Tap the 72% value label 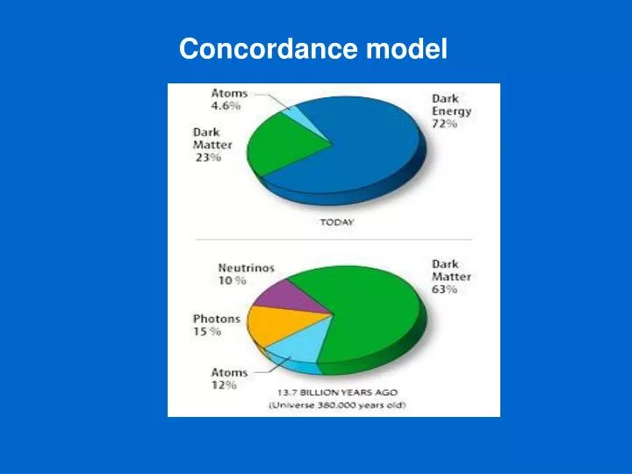444,125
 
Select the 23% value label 208,158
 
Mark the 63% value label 444,290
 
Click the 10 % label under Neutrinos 232,281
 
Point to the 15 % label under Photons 207,332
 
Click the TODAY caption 336,222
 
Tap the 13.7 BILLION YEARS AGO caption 337,391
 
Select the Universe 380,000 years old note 337,405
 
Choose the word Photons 217,319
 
